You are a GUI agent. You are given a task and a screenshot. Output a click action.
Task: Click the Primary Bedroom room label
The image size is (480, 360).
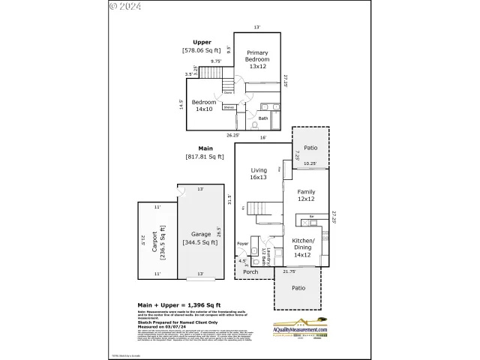click(257, 58)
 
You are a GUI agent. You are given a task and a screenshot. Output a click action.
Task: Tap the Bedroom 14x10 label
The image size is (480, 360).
click(203, 105)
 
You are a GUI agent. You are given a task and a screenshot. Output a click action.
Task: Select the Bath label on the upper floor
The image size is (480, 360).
click(263, 118)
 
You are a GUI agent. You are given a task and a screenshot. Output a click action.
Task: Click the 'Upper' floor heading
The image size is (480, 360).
click(202, 42)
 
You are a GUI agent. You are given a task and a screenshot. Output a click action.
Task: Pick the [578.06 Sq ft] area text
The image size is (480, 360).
click(202, 50)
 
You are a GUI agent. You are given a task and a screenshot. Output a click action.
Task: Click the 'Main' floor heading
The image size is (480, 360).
click(205, 148)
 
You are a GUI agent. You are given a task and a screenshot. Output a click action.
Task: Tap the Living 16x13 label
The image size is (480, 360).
click(258, 174)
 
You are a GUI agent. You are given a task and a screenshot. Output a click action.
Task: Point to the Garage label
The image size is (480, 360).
click(200, 238)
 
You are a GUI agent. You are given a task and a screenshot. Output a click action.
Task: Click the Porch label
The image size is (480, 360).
click(260, 271)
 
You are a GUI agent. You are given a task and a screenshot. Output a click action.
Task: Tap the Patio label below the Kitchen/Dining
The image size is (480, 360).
click(298, 286)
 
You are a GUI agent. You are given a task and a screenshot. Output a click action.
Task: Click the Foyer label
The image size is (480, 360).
click(242, 244)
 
